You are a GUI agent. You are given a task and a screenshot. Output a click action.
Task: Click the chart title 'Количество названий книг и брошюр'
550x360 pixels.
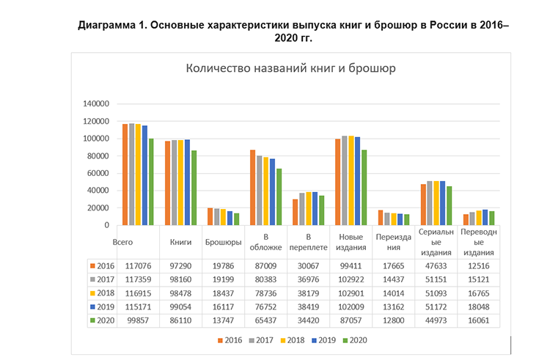pos(292,70)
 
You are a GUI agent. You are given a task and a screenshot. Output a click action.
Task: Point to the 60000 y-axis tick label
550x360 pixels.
pos(98,173)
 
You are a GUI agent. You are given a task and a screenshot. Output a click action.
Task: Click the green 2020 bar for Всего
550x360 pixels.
pos(151,182)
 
